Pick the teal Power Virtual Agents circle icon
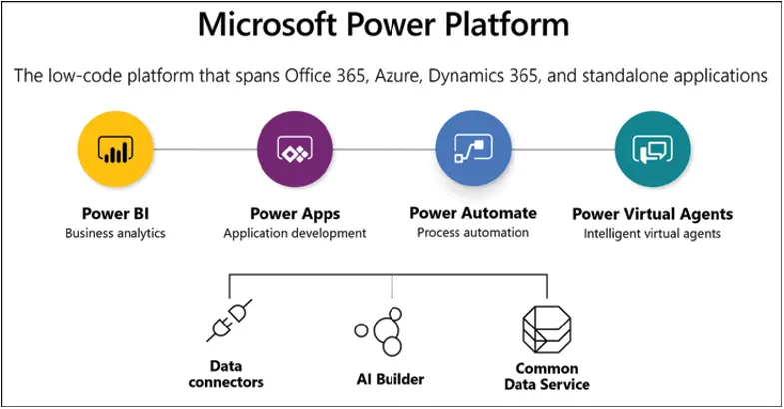tap(652, 150)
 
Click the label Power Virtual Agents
tap(652, 214)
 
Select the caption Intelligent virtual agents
tap(652, 234)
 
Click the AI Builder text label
tap(390, 379)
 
